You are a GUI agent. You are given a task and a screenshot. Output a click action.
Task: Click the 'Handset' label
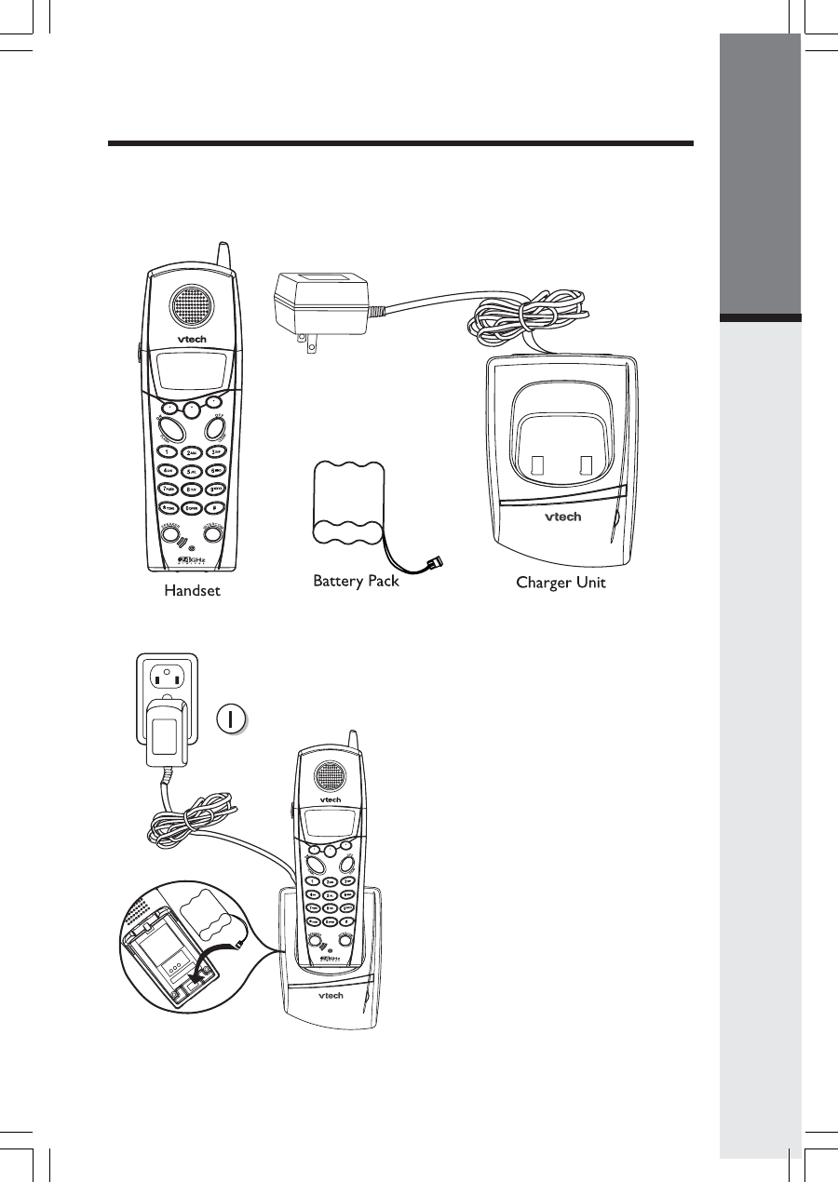tap(192, 590)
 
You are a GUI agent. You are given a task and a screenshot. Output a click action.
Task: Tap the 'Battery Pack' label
tap(356, 582)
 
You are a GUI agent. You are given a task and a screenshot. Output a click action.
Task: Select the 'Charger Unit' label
tap(561, 584)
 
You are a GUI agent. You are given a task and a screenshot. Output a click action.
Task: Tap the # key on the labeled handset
tap(215, 507)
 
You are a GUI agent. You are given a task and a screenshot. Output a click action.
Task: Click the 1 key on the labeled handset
tap(168, 451)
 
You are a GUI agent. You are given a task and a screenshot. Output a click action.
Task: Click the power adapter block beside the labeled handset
tap(316, 303)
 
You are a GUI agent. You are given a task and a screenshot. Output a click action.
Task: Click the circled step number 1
tap(233, 718)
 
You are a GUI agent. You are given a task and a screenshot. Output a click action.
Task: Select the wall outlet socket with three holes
tap(166, 677)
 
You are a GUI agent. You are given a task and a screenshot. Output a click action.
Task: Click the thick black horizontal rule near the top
tap(400, 143)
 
